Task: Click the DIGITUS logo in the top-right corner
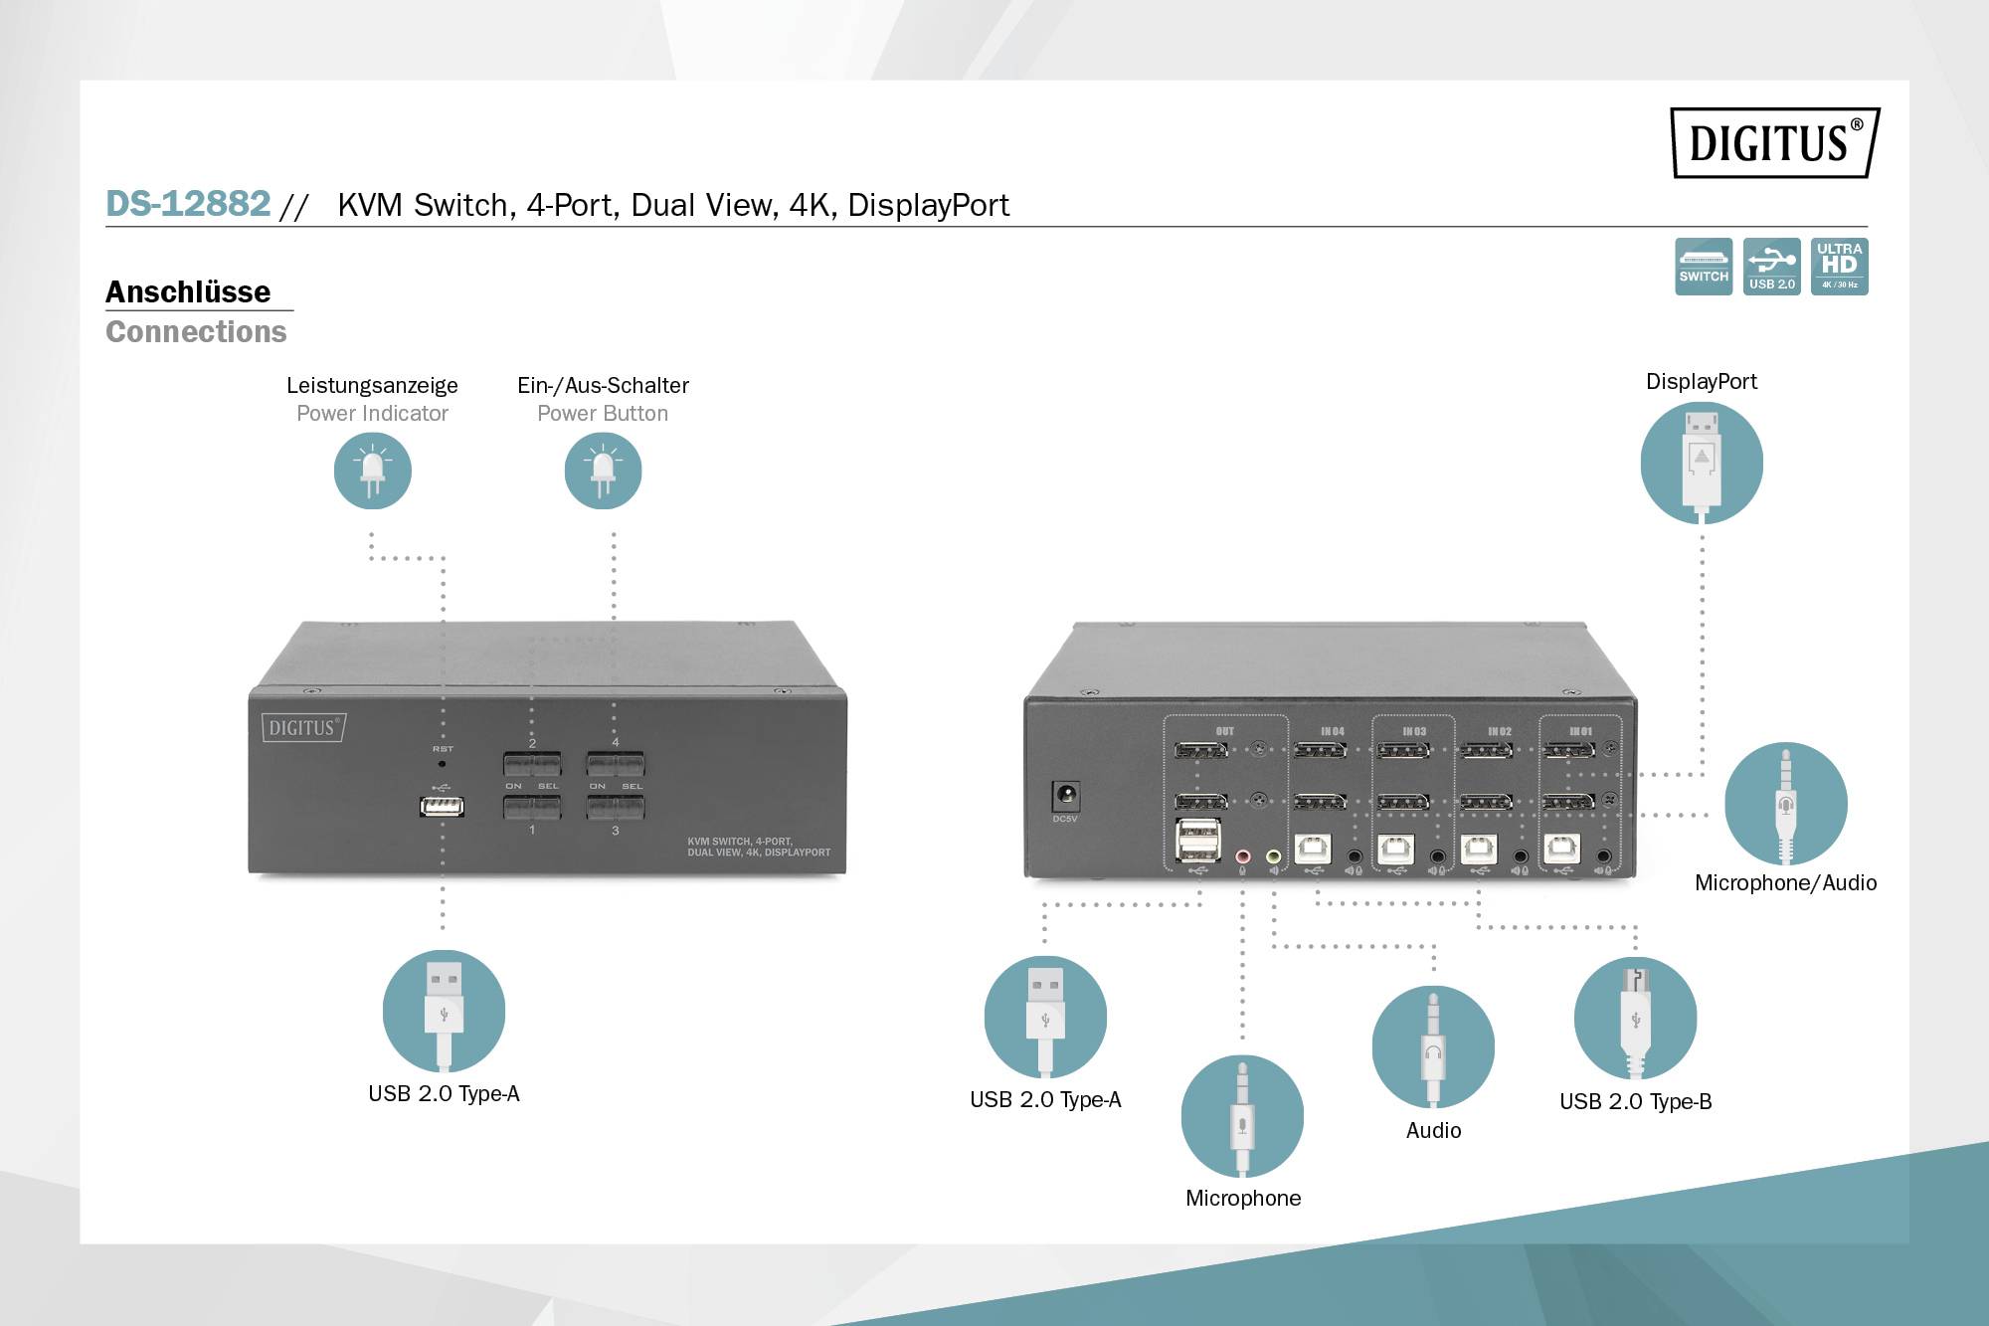click(1774, 143)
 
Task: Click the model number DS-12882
click(188, 204)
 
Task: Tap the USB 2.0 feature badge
click(1771, 267)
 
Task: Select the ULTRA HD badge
click(1839, 267)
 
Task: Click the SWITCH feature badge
click(1704, 267)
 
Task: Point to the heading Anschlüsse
click(188, 291)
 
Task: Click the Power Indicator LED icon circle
click(373, 471)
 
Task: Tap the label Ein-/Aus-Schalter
click(603, 385)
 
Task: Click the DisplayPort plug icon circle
click(1702, 463)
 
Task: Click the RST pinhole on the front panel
click(443, 764)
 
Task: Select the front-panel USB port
click(442, 805)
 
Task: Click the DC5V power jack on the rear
click(1066, 796)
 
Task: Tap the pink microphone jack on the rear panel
click(1242, 855)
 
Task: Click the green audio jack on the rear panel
click(1274, 855)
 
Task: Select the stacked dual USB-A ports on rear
click(1198, 839)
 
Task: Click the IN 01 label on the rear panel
click(1580, 731)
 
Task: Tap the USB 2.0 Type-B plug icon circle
click(1635, 1018)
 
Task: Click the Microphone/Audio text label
click(1785, 882)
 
